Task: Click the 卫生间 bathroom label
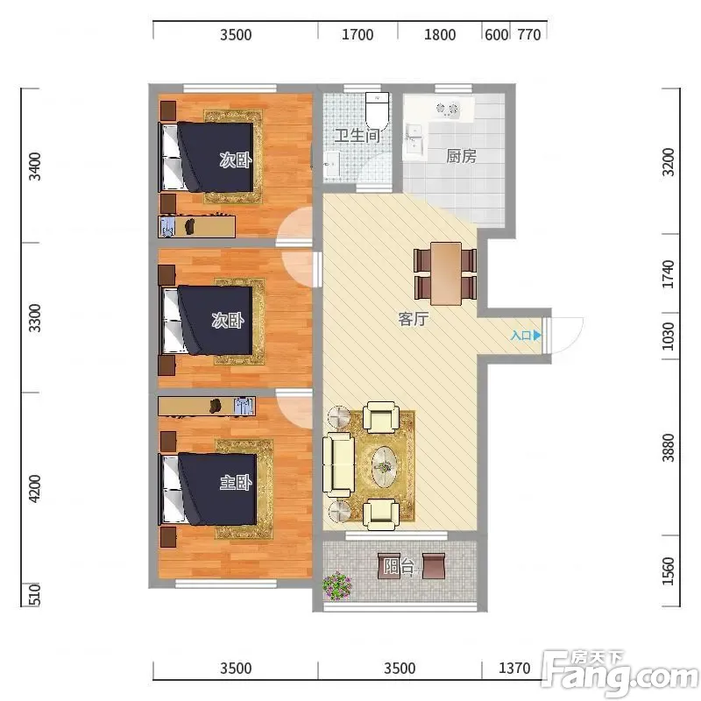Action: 358,136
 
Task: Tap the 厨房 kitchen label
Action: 462,156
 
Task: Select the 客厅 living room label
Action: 414,319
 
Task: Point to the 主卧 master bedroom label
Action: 236,482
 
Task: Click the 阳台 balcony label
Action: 399,566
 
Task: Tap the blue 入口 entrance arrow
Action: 537,335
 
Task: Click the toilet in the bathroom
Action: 378,110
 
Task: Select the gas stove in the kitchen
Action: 448,108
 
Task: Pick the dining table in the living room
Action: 446,273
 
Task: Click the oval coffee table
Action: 385,467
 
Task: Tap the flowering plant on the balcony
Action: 336,585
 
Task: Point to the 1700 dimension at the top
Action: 358,34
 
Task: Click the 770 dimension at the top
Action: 529,34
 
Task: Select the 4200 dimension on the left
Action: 34,489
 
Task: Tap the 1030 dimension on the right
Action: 668,336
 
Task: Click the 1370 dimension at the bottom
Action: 514,669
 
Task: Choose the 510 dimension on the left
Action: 34,595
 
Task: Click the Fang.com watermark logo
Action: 620,674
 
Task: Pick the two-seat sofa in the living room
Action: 338,464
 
